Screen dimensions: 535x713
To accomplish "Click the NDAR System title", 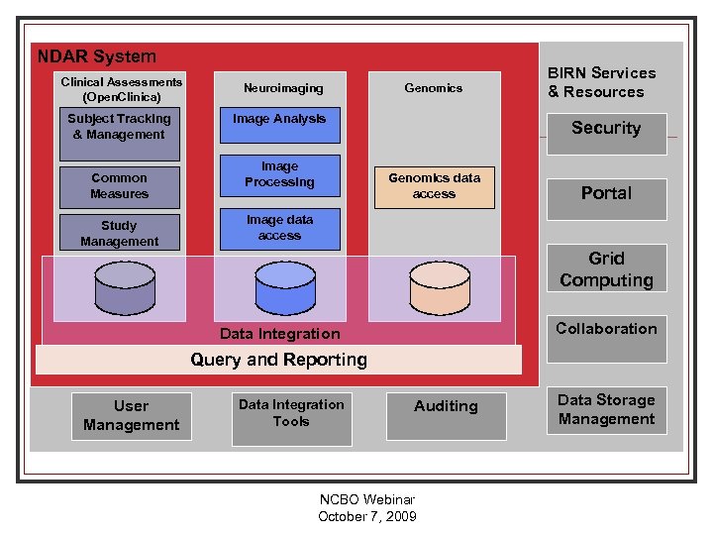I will pyautogui.click(x=96, y=56).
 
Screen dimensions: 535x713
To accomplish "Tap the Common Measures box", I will pyautogui.click(x=120, y=186).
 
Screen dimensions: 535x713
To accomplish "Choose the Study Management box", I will pyautogui.click(x=120, y=234).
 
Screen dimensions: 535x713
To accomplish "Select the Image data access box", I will pyautogui.click(x=279, y=229).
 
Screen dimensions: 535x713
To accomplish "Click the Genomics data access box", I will pyautogui.click(x=434, y=186).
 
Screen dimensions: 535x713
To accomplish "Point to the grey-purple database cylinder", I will pyautogui.click(x=120, y=287).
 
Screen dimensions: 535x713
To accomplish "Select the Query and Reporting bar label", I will pyautogui.click(x=278, y=360).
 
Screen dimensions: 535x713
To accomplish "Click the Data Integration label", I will pyautogui.click(x=279, y=334).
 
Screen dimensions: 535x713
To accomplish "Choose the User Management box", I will pyautogui.click(x=131, y=416).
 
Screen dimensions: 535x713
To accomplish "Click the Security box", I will pyautogui.click(x=606, y=129).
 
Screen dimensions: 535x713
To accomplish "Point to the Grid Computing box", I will pyautogui.click(x=606, y=268).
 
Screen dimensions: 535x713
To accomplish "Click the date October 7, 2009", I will pyautogui.click(x=367, y=516).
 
